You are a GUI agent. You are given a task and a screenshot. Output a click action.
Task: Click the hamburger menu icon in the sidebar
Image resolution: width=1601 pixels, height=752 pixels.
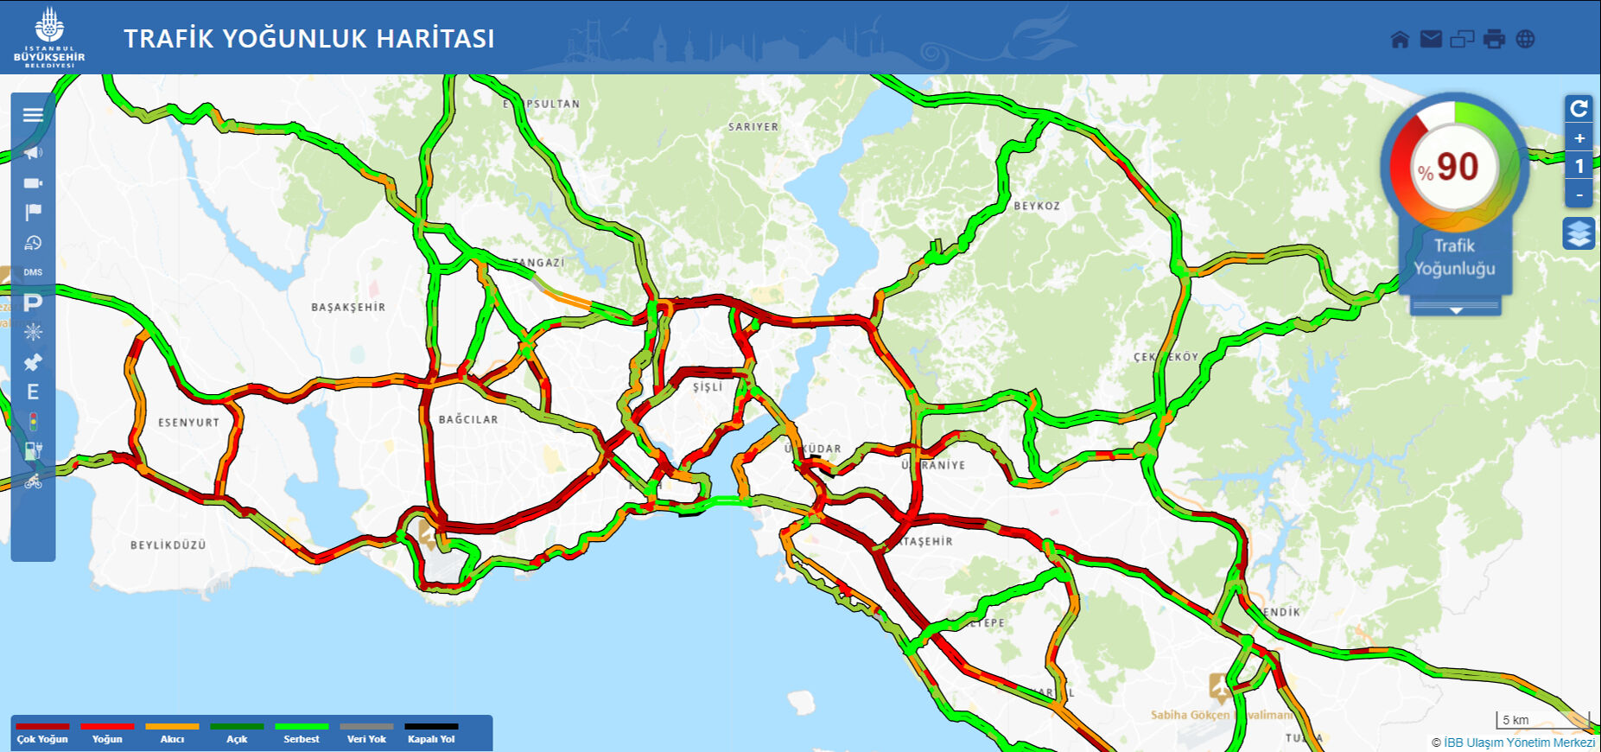coord(33,115)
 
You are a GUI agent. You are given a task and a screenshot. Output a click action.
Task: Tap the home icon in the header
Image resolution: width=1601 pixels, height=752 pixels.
coord(1400,39)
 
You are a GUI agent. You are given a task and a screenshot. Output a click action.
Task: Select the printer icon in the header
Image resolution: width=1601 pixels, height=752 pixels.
coord(1494,39)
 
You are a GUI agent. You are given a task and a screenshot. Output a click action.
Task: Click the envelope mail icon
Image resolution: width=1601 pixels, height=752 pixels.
coord(1431,39)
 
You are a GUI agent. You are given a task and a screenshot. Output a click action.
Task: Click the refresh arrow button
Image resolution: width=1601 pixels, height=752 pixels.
coord(1579,108)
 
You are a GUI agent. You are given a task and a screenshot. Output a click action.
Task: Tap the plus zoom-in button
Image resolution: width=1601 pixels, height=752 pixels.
coord(1579,138)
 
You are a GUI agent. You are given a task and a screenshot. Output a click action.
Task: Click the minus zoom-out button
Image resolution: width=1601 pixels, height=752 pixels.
coord(1579,194)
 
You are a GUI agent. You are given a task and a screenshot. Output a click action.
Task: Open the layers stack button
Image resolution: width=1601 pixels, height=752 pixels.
coord(1579,233)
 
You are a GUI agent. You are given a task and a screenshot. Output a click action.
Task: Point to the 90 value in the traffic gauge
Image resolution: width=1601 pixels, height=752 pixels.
coord(1457,167)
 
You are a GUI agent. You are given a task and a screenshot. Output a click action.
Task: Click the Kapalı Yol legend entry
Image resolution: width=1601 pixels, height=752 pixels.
coord(431,733)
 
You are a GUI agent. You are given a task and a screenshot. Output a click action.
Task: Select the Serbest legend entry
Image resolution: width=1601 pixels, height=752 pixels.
coord(302,733)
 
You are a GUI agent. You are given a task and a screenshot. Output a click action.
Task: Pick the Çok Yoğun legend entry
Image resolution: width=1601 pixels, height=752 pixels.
coord(42,733)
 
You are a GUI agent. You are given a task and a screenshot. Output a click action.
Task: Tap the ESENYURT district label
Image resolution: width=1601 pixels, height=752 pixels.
coord(188,423)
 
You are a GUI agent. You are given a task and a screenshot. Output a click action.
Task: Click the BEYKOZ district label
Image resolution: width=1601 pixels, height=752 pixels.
coord(1037,206)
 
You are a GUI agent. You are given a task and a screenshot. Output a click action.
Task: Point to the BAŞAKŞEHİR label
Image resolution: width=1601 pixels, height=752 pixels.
coord(348,307)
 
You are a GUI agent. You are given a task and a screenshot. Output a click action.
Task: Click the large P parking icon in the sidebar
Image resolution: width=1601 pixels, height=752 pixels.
coord(33,303)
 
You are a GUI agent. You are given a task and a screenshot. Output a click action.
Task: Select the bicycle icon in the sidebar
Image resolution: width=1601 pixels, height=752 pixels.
coord(33,481)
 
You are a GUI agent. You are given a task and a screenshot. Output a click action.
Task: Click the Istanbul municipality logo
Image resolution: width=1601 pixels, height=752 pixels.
coord(49,37)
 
